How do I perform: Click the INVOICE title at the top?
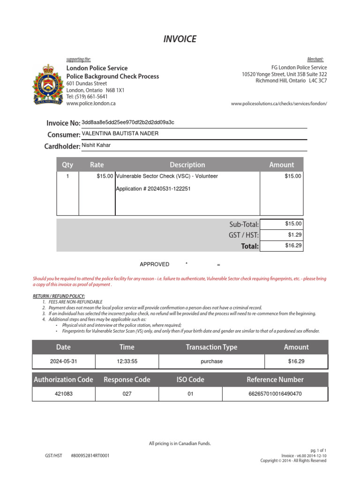[180, 39]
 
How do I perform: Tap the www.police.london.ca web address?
[91, 103]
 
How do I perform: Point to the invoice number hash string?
[128, 122]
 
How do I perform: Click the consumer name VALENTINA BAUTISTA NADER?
[120, 134]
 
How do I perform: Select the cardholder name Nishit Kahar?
[96, 145]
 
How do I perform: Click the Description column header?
[187, 165]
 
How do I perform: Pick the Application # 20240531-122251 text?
[153, 188]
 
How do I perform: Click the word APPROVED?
[155, 264]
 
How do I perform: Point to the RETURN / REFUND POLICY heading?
[59, 296]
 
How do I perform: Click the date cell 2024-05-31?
[63, 361]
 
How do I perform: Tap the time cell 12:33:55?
[127, 361]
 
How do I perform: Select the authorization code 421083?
[63, 394]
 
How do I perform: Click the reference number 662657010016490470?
[275, 394]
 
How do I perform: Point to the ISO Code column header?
[190, 380]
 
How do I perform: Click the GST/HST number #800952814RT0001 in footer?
[90, 455]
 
